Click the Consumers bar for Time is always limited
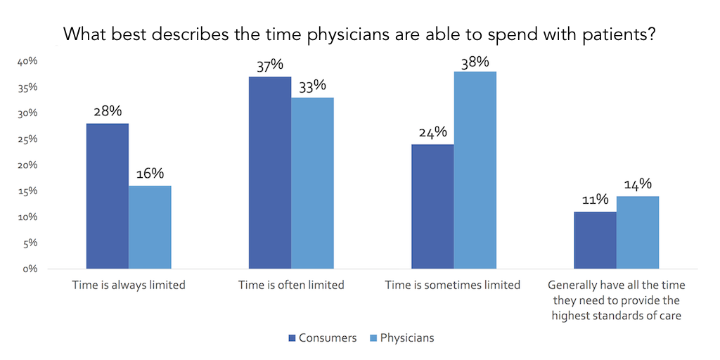click(107, 196)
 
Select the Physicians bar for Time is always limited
click(150, 227)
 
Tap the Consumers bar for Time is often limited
click(270, 172)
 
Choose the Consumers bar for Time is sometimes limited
click(432, 206)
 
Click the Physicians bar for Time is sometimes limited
click(475, 170)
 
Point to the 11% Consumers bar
click(595, 240)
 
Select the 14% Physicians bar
click(638, 232)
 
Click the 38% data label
click(475, 62)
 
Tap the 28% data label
click(107, 112)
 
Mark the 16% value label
click(150, 174)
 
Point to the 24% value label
click(432, 133)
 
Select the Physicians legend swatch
click(373, 338)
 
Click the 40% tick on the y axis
click(27, 62)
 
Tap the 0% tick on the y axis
click(30, 269)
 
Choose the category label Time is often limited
click(291, 285)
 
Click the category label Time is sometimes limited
click(453, 285)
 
